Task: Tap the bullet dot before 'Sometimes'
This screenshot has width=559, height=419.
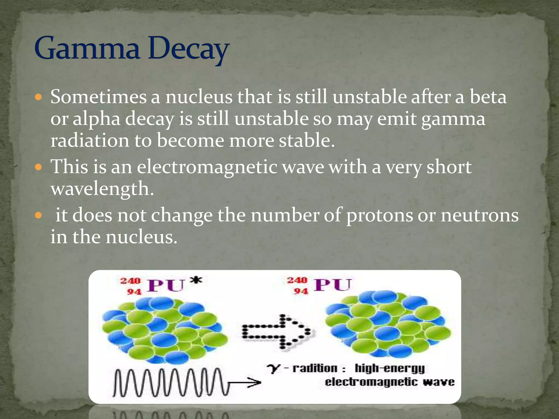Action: [x=39, y=97]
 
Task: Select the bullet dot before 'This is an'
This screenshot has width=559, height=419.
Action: [x=39, y=167]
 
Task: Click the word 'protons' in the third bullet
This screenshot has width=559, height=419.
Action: [x=379, y=216]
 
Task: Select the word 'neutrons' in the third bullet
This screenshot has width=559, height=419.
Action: [x=480, y=216]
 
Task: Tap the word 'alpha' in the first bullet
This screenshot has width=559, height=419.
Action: [x=96, y=119]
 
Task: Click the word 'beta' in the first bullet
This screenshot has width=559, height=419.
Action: [x=488, y=97]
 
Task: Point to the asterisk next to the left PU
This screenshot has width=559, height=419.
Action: [x=196, y=280]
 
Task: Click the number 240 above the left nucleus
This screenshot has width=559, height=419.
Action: [x=130, y=281]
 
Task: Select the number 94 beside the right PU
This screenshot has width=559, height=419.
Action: [x=301, y=291]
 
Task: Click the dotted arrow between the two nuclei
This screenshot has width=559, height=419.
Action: [x=277, y=332]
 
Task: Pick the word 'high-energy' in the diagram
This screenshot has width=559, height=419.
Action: [x=389, y=369]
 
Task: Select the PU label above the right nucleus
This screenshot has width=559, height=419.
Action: [x=332, y=285]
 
